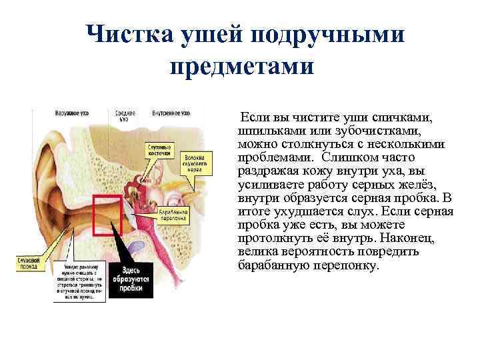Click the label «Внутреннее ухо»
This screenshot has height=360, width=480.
click(171, 113)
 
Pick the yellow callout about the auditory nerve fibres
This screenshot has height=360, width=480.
click(199, 163)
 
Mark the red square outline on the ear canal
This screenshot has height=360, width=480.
click(107, 215)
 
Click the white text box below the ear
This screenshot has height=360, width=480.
click(79, 280)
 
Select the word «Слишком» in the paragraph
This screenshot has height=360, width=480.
click(346, 157)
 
